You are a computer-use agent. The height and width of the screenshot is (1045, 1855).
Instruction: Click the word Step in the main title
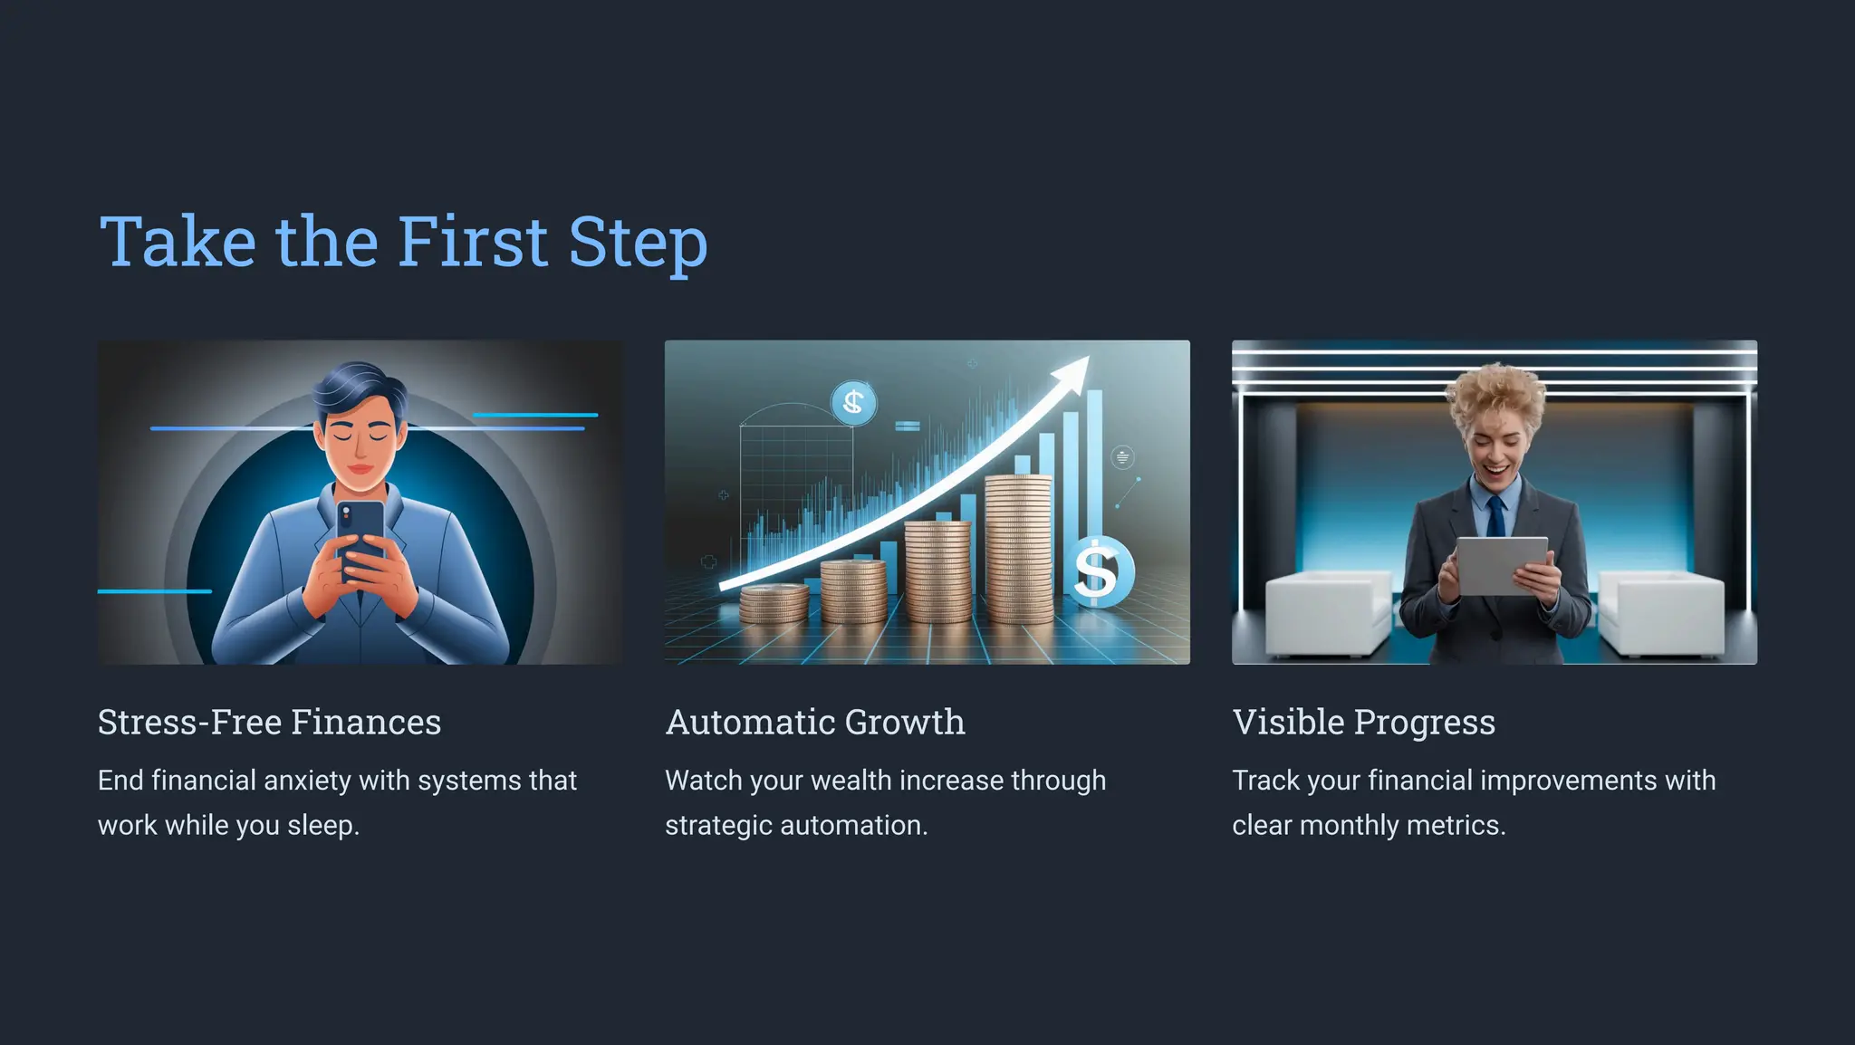coord(638,243)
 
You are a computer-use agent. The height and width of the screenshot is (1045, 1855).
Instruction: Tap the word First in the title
coord(473,243)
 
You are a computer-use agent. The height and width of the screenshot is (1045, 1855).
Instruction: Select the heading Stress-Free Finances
coord(269,722)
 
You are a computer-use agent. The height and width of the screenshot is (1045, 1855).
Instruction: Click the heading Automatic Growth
coord(815,722)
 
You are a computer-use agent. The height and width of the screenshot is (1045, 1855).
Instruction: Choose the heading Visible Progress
coord(1363,722)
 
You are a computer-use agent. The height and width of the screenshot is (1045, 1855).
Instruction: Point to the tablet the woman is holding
coord(1502,564)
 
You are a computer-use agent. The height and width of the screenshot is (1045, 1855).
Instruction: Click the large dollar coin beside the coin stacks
coord(1098,571)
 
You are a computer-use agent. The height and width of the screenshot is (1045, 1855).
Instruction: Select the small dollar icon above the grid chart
coord(853,402)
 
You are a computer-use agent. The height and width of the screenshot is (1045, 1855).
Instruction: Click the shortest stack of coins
coord(774,603)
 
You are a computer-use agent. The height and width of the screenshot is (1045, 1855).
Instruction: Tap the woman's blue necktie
coord(1495,517)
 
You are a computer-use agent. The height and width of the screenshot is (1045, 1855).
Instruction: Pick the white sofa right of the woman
coord(1664,613)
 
